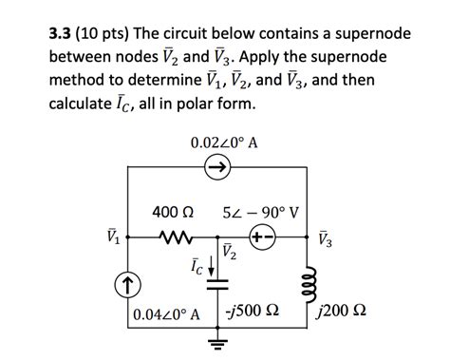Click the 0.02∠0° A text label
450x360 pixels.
(x=226, y=142)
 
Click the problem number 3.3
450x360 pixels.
(x=65, y=34)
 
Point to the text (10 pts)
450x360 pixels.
(x=112, y=34)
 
